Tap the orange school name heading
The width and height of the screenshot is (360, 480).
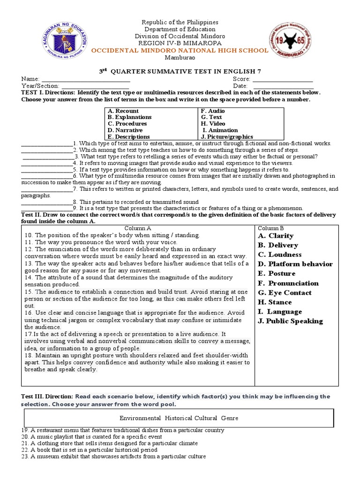click(x=180, y=51)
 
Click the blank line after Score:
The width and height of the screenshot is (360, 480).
click(x=283, y=80)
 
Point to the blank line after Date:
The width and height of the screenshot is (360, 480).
click(x=283, y=86)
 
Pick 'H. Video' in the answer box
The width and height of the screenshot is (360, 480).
click(x=213, y=124)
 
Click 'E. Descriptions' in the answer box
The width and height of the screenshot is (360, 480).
click(x=128, y=137)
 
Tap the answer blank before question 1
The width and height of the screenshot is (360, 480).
click(x=46, y=144)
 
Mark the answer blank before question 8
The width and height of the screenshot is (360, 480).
click(x=46, y=202)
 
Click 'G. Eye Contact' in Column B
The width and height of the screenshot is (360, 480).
click(x=285, y=293)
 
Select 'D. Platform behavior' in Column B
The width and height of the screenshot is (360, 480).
click(x=295, y=264)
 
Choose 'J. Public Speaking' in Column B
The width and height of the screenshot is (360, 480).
click(x=290, y=321)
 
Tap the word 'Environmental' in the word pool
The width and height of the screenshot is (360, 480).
click(x=139, y=418)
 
